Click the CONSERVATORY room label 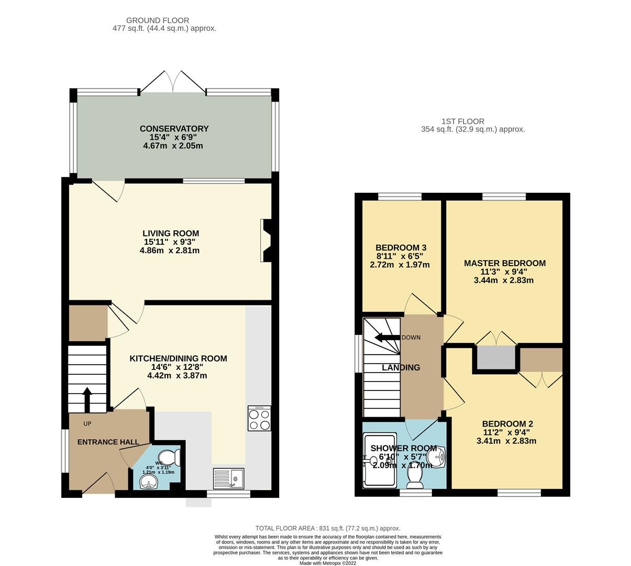pyautogui.click(x=174, y=129)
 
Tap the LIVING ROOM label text pyautogui.click(x=171, y=234)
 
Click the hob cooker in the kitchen pyautogui.click(x=259, y=418)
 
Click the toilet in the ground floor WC pyautogui.click(x=171, y=457)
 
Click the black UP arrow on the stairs pyautogui.click(x=87, y=399)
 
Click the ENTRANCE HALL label pyautogui.click(x=108, y=442)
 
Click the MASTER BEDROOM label pyautogui.click(x=505, y=263)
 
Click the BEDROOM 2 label pyautogui.click(x=507, y=424)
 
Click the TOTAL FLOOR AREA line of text pyautogui.click(x=327, y=528)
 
